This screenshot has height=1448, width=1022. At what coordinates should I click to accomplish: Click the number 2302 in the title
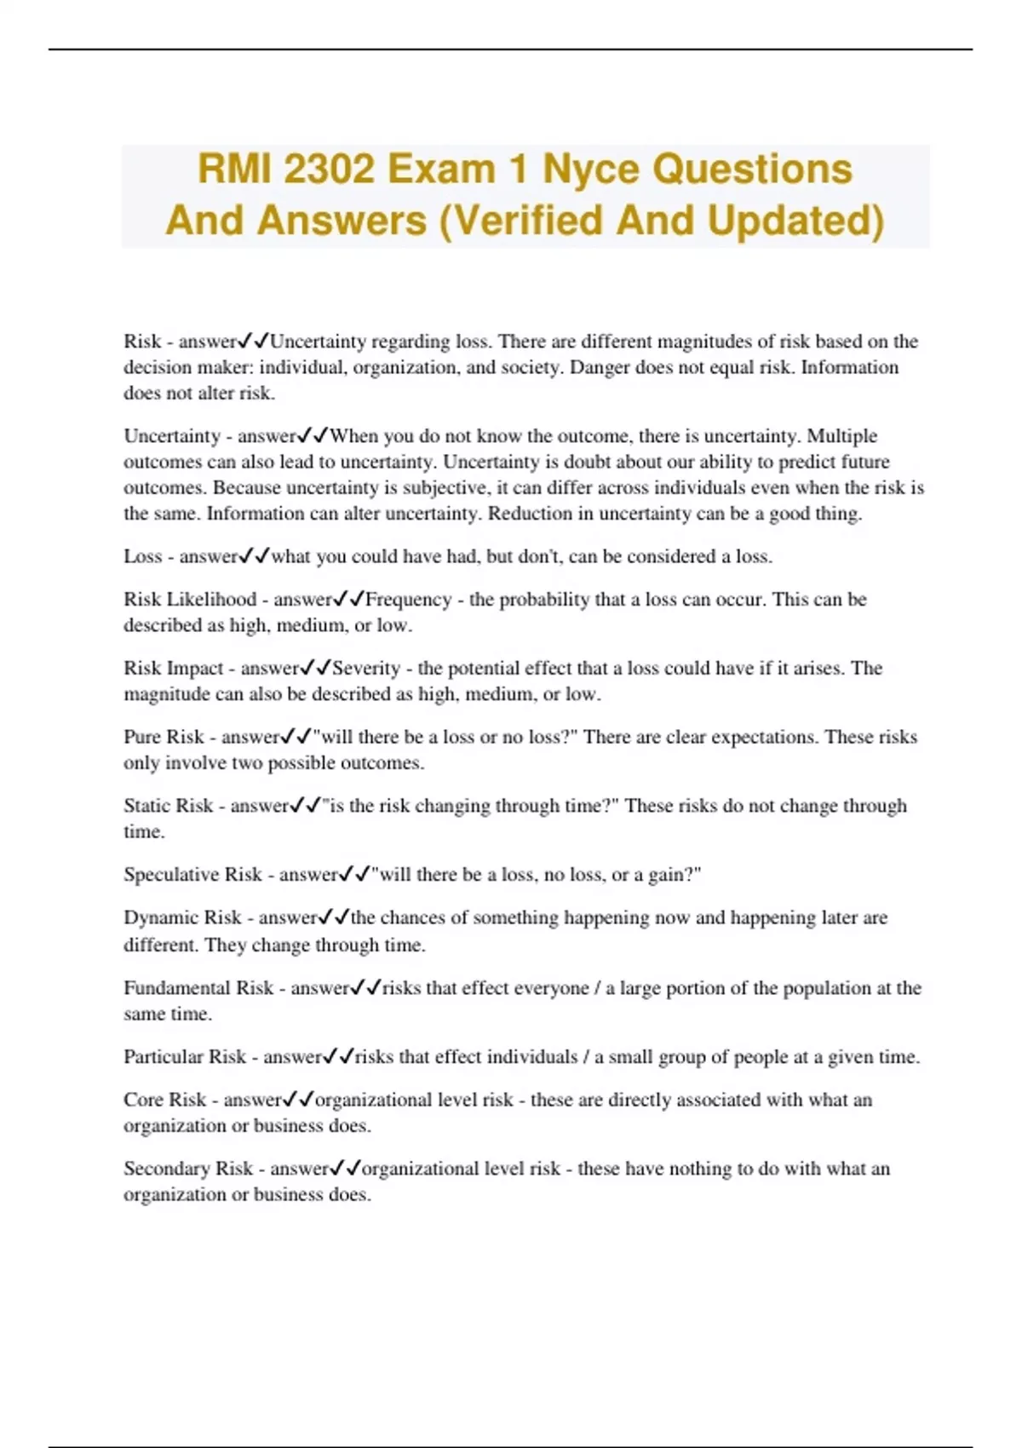[328, 169]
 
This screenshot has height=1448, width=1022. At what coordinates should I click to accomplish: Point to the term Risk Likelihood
[190, 600]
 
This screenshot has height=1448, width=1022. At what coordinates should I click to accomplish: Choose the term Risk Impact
[173, 669]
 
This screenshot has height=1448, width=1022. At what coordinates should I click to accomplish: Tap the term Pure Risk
[164, 737]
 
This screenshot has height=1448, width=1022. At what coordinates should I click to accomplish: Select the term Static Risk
[168, 806]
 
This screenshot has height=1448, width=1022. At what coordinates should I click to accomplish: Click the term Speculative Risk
[192, 875]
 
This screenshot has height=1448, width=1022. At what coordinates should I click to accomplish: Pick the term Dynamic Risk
[182, 917]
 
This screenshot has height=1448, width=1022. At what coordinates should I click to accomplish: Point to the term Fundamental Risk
[198, 988]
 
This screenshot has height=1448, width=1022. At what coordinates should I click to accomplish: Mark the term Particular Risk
[185, 1057]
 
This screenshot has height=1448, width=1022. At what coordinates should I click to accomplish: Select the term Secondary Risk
[188, 1169]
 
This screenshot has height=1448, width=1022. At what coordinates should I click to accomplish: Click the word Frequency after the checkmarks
[408, 600]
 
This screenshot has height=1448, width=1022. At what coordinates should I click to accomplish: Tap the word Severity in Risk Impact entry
[365, 669]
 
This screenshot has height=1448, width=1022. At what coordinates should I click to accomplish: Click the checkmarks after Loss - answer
[254, 556]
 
